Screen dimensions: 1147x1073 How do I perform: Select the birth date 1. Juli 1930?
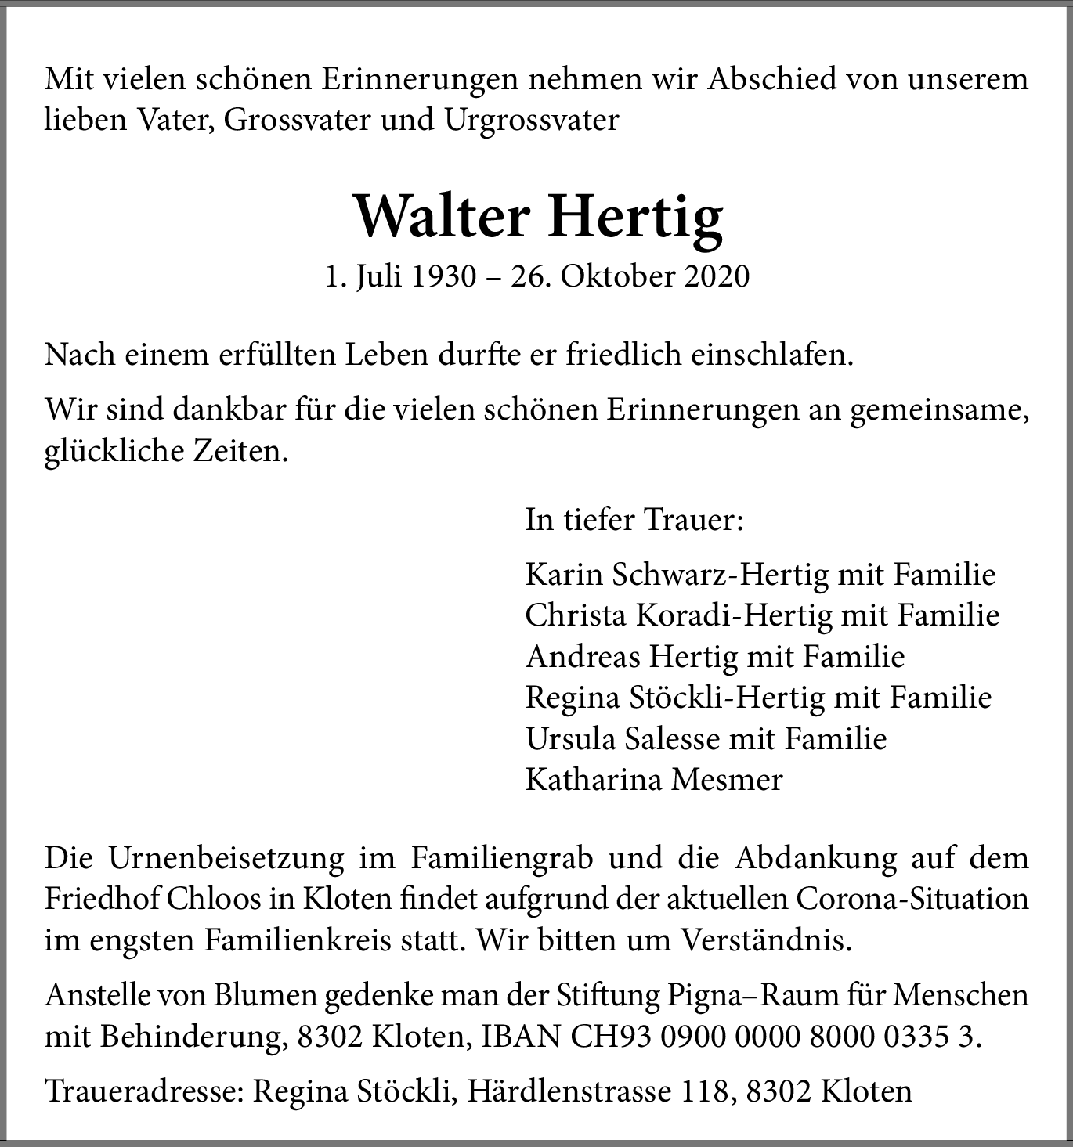coord(400,276)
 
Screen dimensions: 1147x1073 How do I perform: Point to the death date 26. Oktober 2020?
coord(630,276)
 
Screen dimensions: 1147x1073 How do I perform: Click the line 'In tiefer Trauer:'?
coord(634,520)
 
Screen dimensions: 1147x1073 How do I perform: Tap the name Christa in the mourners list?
coord(576,615)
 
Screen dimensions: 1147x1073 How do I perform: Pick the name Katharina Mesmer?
coord(654,779)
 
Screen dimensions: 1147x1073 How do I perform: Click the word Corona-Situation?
coord(912,898)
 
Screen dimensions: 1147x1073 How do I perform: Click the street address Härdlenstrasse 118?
coord(598,1091)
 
